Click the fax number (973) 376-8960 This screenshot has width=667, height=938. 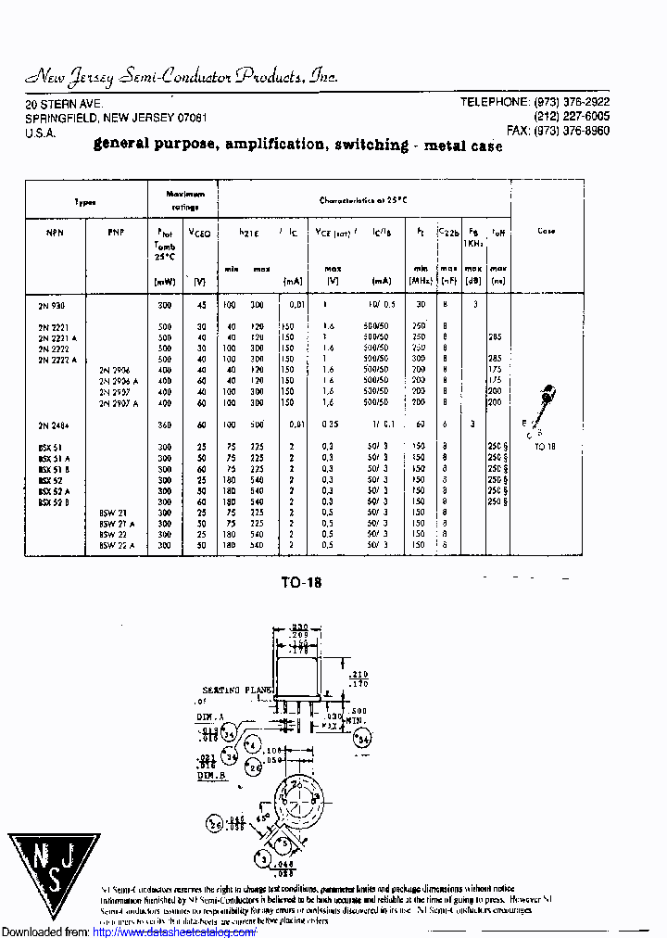click(x=573, y=132)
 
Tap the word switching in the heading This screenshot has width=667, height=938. click(x=371, y=145)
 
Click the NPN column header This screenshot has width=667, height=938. click(x=45, y=232)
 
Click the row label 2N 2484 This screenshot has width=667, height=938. click(x=54, y=425)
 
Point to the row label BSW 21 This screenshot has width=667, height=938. click(x=112, y=513)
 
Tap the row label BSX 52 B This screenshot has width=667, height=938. click(x=52, y=501)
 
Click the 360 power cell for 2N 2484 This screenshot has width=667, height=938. click(x=164, y=425)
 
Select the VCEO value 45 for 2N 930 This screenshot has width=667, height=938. click(x=200, y=305)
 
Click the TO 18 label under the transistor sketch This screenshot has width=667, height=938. click(x=547, y=446)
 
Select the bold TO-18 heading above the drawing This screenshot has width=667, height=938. click(x=301, y=583)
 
